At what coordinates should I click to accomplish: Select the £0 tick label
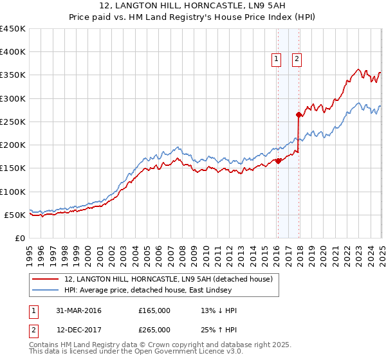pos(19,238)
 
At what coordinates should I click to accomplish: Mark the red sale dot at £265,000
pos(299,115)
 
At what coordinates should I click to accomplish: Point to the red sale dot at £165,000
pos(278,161)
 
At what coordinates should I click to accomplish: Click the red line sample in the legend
pos(46,280)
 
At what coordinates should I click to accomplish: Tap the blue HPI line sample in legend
pos(46,291)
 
